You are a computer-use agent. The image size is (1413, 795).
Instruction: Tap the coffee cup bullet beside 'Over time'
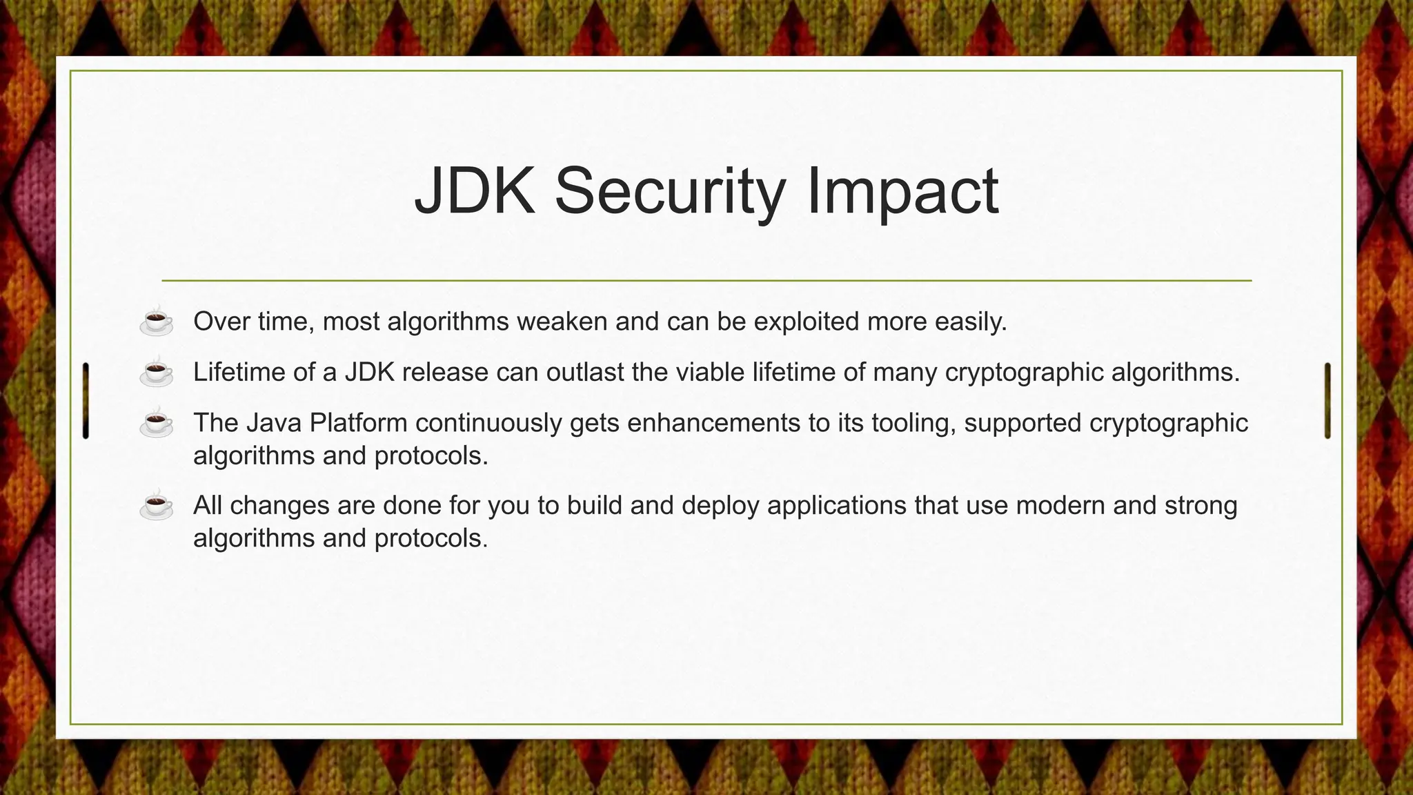click(x=157, y=322)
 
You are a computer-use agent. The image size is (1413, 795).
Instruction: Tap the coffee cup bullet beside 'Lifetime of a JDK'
click(x=157, y=372)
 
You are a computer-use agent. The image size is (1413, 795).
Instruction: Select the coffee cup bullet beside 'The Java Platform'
click(x=157, y=422)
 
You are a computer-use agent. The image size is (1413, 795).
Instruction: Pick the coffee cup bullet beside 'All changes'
click(x=157, y=505)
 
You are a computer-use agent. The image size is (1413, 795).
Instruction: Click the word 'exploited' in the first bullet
click(x=806, y=322)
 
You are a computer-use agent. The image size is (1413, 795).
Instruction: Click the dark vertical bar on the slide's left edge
click(x=86, y=400)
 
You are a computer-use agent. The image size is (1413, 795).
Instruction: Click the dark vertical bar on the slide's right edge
click(x=1327, y=400)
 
